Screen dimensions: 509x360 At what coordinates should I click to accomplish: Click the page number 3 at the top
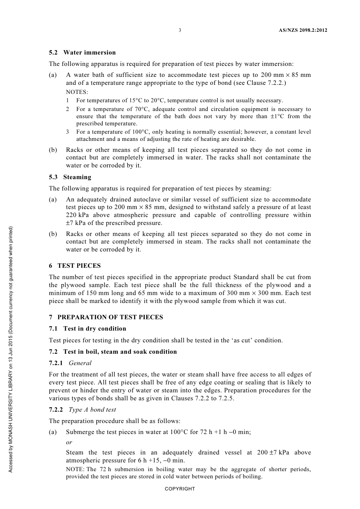coord(180,30)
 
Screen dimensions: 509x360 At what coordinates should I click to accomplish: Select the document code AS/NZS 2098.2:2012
coord(300,30)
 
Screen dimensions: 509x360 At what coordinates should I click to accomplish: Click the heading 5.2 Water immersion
coord(82,52)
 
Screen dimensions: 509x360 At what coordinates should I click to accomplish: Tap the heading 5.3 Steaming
coord(70,177)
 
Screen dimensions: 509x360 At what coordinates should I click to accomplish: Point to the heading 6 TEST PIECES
coord(75,265)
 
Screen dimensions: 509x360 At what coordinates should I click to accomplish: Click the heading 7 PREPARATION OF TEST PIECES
coord(106,317)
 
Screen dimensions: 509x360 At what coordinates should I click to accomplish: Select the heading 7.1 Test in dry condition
coord(88,328)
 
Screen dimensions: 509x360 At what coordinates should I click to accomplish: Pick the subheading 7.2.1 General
coord(70,363)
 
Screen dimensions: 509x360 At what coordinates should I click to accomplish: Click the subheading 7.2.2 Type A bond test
coord(82,409)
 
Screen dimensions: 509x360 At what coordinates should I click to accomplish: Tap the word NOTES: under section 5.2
coord(77,92)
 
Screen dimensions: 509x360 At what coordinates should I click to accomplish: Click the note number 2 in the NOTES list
coord(67,109)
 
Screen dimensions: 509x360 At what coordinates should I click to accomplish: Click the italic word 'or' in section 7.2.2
coord(69,442)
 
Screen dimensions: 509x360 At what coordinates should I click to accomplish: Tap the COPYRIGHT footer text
coord(180,489)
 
